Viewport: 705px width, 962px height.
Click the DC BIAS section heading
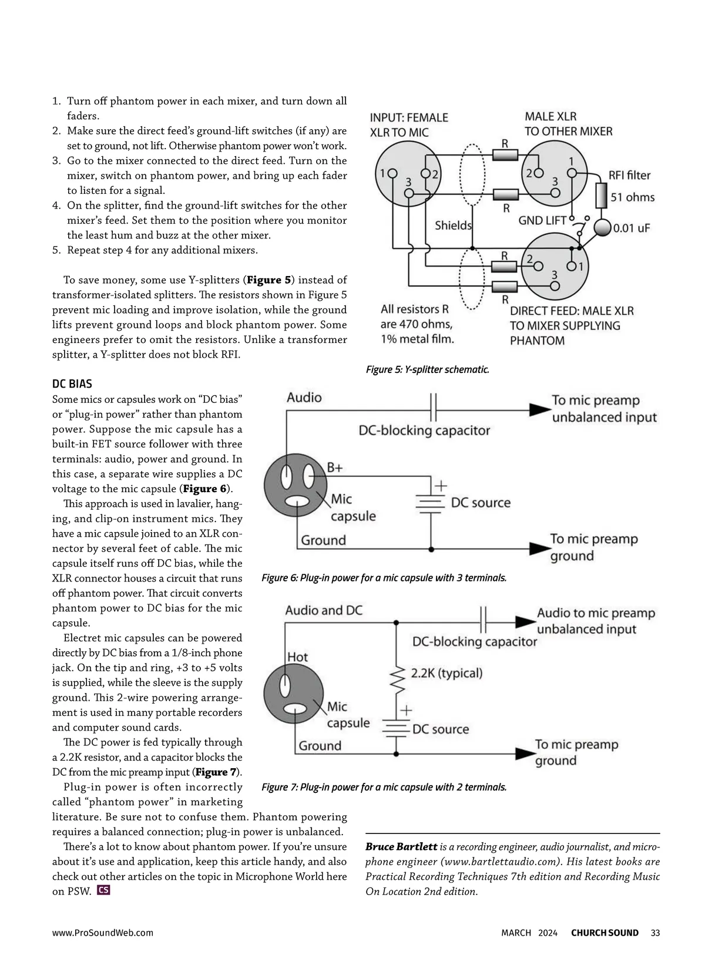pyautogui.click(x=72, y=384)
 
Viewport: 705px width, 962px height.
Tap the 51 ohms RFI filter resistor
pyautogui.click(x=601, y=196)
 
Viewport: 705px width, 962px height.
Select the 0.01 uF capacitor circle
pyautogui.click(x=602, y=227)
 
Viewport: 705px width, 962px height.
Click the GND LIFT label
pyautogui.click(x=542, y=220)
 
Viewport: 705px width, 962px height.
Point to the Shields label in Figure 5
pyautogui.click(x=453, y=226)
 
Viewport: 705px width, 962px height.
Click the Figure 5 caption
pyautogui.click(x=428, y=369)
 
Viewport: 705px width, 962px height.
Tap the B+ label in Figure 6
pyautogui.click(x=335, y=467)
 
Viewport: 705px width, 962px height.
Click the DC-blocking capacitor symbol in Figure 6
pyautogui.click(x=434, y=408)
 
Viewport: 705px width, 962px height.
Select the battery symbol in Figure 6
pyautogui.click(x=431, y=503)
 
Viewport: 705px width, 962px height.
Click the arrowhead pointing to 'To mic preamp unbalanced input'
pyautogui.click(x=540, y=410)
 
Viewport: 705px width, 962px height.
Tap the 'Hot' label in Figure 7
pyautogui.click(x=297, y=657)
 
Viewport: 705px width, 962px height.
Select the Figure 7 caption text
pyautogui.click(x=384, y=787)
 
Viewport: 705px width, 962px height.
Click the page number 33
pyautogui.click(x=655, y=933)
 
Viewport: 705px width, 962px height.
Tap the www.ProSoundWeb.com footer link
pyautogui.click(x=103, y=933)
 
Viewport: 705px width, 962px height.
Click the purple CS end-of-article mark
pyautogui.click(x=103, y=890)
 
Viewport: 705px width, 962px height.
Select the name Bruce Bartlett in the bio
pyautogui.click(x=401, y=846)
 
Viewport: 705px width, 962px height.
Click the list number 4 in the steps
pyautogui.click(x=56, y=206)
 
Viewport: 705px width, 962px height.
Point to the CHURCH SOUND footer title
pyautogui.click(x=605, y=933)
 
